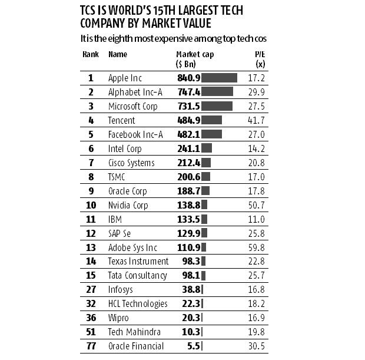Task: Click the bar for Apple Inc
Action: [220, 78]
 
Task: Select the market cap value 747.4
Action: [188, 92]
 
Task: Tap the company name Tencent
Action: [121, 120]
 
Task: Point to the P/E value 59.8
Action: [257, 247]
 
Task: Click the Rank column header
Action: [90, 54]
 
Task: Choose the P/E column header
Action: [257, 58]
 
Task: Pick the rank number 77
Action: [91, 346]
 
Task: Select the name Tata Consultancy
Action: [138, 275]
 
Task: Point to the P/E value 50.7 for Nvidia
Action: [257, 205]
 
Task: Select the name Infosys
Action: [121, 289]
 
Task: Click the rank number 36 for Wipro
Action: [91, 318]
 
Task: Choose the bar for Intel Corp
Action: [207, 148]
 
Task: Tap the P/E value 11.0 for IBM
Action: [257, 219]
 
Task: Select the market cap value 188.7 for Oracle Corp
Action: [188, 191]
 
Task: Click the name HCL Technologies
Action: [138, 303]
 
